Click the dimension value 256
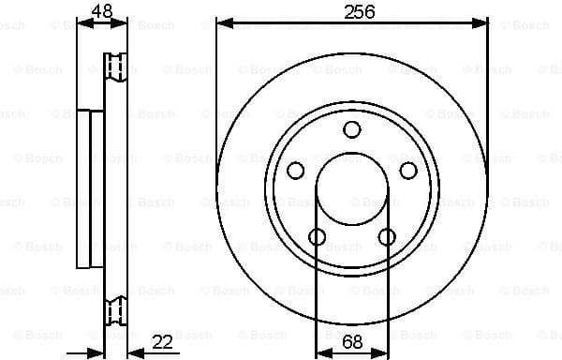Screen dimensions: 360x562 (x=352, y=11)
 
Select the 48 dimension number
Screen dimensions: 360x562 (x=103, y=11)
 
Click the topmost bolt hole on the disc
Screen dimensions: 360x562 (x=352, y=129)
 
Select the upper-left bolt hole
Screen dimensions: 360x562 (x=295, y=170)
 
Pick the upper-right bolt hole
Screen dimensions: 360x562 (x=408, y=170)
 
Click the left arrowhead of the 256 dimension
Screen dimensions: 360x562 (x=222, y=22)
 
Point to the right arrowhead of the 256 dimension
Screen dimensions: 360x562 (x=482, y=22)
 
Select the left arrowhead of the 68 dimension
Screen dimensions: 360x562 (x=321, y=352)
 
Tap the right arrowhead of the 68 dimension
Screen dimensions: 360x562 (x=382, y=352)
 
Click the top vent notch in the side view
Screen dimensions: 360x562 (x=116, y=66)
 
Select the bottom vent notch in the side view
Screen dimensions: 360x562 (x=116, y=307)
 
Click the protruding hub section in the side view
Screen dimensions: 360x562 (x=91, y=187)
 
